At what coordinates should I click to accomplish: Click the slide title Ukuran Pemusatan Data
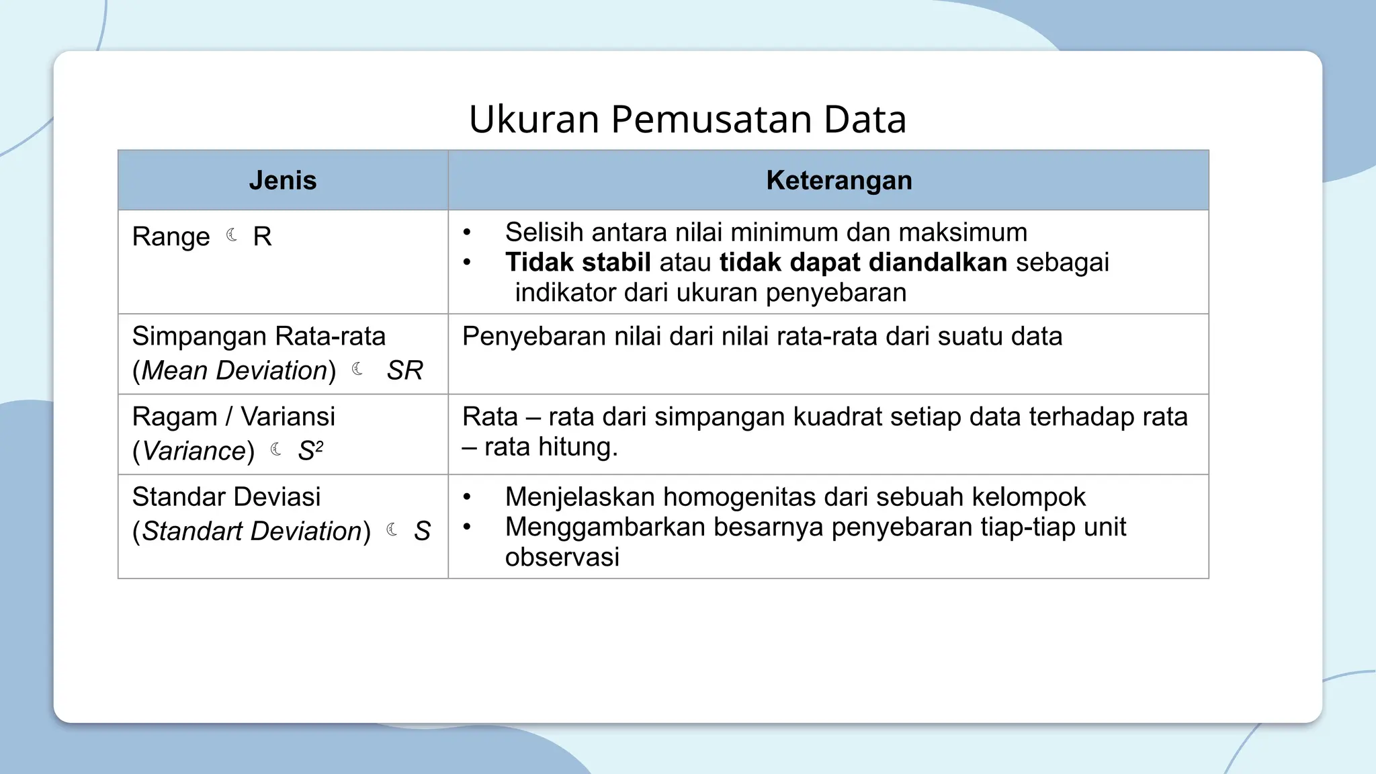coord(687,120)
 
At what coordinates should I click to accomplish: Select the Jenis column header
coord(282,181)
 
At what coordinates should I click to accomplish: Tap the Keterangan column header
coord(838,181)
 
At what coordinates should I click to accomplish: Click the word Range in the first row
coord(171,237)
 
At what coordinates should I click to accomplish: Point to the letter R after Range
coord(262,236)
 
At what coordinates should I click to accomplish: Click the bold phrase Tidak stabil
coord(578,262)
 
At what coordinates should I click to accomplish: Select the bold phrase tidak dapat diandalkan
coord(863,262)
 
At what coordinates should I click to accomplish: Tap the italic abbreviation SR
coord(404,370)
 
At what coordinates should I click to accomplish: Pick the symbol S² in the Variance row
coord(310,451)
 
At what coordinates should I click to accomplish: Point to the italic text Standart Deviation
coord(252,531)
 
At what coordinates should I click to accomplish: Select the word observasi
coord(562,557)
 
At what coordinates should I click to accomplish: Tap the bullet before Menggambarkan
coord(467,527)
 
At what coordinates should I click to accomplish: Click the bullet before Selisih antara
coord(467,233)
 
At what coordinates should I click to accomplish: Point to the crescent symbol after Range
coord(232,235)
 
